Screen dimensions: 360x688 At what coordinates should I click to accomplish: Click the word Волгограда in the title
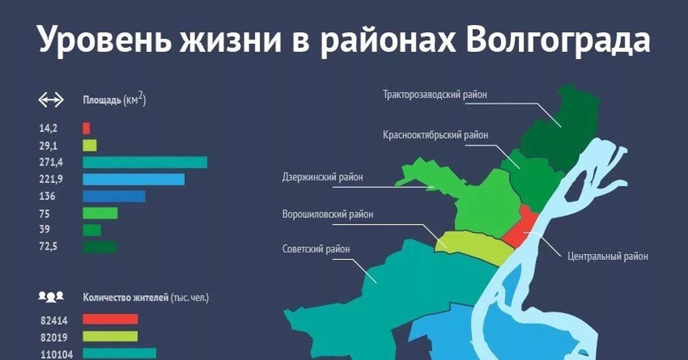(x=558, y=41)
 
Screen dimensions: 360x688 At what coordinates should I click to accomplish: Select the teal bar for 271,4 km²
(x=144, y=162)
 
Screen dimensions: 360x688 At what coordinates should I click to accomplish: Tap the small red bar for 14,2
(x=86, y=128)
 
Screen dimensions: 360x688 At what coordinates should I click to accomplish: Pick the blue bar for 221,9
(x=134, y=179)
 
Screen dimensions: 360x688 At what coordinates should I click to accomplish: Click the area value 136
(x=48, y=197)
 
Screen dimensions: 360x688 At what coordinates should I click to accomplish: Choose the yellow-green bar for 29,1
(x=89, y=146)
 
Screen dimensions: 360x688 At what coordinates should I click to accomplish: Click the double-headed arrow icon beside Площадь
(x=50, y=101)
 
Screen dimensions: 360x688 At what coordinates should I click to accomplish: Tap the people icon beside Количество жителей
(x=50, y=297)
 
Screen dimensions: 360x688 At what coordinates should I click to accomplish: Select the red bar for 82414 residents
(x=110, y=319)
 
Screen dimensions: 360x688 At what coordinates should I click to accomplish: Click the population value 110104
(x=56, y=354)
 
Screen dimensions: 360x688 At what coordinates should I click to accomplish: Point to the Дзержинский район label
(x=323, y=177)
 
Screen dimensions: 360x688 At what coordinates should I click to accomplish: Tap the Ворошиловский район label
(x=328, y=214)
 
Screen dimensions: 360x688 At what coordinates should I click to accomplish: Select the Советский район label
(x=316, y=249)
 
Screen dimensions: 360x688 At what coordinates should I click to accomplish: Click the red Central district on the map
(x=521, y=227)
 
